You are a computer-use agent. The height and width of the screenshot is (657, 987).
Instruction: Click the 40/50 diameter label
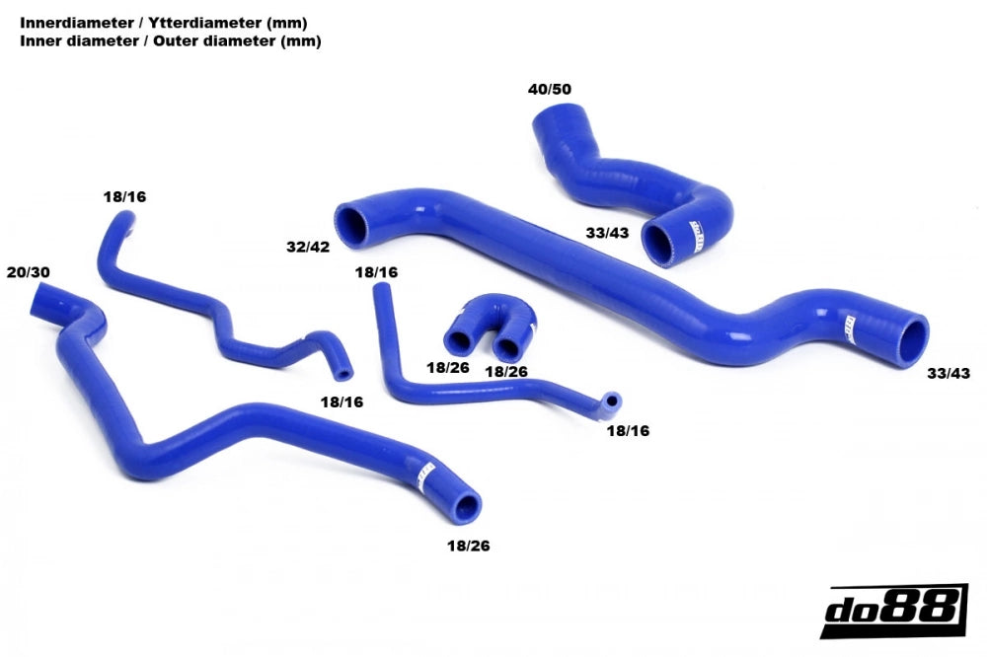point(550,90)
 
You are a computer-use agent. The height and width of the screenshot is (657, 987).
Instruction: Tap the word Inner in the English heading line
point(39,41)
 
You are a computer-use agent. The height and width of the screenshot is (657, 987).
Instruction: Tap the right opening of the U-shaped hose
point(509,347)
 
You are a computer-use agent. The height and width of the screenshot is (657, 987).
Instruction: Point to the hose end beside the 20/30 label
point(45,297)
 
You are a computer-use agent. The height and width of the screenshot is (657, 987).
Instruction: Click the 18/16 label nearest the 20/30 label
point(124,197)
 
